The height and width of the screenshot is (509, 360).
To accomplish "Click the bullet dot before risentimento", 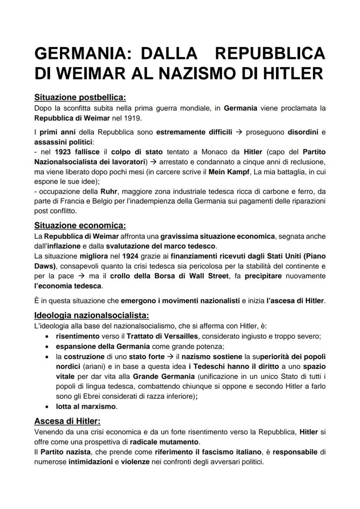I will click(x=47, y=336).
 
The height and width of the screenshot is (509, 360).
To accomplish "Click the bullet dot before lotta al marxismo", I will click(x=47, y=407).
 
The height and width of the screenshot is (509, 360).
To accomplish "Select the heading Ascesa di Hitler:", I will click(x=67, y=421).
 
